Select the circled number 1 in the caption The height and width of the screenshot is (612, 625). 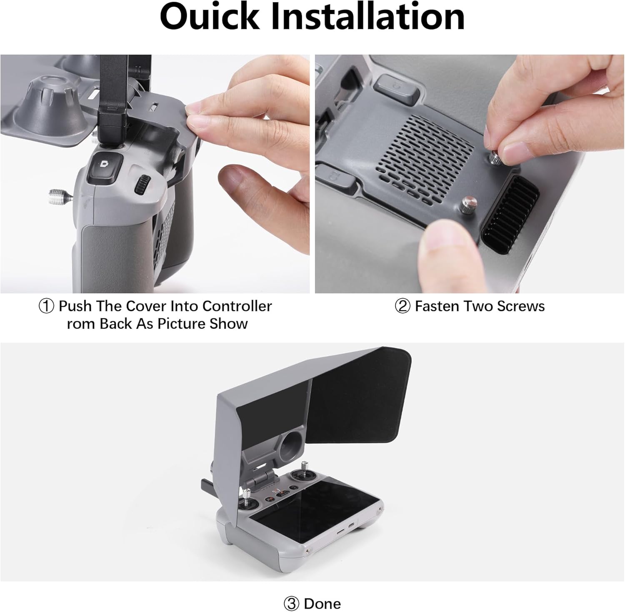46,306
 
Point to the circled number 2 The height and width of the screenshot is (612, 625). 402,306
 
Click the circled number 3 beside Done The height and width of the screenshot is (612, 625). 291,592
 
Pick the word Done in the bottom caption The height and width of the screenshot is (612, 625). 322,592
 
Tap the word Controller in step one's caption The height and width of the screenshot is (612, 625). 237,306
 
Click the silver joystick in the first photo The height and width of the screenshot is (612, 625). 59,194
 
